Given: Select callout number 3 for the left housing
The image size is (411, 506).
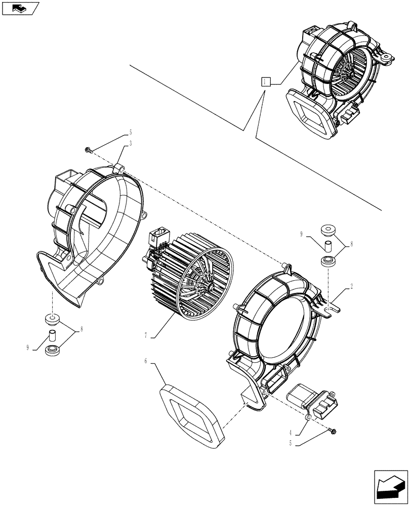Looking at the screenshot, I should pyautogui.click(x=131, y=144).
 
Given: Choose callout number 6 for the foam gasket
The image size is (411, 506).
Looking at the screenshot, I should pyautogui.click(x=145, y=360).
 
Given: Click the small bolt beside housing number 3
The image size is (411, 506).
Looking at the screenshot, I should pyautogui.click(x=89, y=150).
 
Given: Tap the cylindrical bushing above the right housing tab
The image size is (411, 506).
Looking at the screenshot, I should pyautogui.click(x=327, y=247).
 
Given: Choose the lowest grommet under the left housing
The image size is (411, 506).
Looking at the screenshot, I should pyautogui.click(x=52, y=350).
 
